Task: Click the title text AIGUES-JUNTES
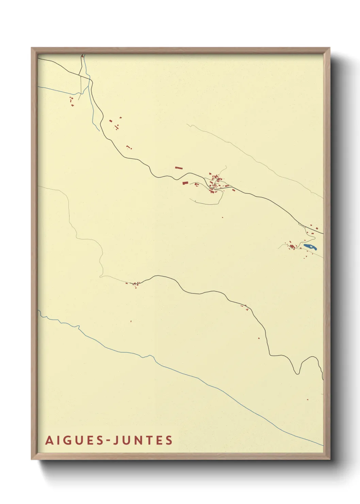pos(109,440)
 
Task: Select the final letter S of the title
pos(169,440)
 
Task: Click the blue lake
pos(310,247)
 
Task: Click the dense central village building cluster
pos(215,182)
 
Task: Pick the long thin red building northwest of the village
pos(179,168)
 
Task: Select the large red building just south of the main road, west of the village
pos(185,183)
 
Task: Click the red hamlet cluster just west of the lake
pos(292,246)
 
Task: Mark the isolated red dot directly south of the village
pos(223,217)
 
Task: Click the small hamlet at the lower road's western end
pos(136,284)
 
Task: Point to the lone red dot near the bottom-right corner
pos(307,399)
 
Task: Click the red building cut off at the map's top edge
pos(82,56)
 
